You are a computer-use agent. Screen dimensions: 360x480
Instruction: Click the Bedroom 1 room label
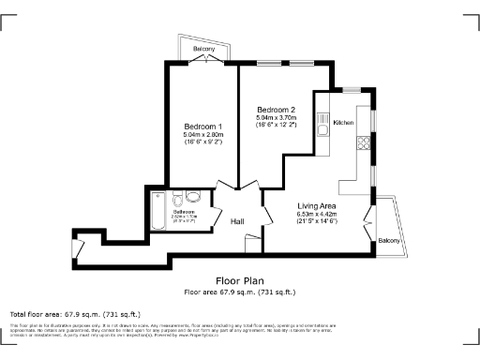[x=202, y=127]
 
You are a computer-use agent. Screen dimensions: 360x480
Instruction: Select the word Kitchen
[x=343, y=123]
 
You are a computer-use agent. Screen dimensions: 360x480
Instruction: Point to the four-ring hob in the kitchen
[x=361, y=142]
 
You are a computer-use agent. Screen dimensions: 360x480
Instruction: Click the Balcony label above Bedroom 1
[x=205, y=48]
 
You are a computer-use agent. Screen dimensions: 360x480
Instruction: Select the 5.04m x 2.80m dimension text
[x=202, y=137]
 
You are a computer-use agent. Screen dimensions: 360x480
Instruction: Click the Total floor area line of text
[x=75, y=313]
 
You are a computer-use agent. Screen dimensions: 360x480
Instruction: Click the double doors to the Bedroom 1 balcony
[x=205, y=60]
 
